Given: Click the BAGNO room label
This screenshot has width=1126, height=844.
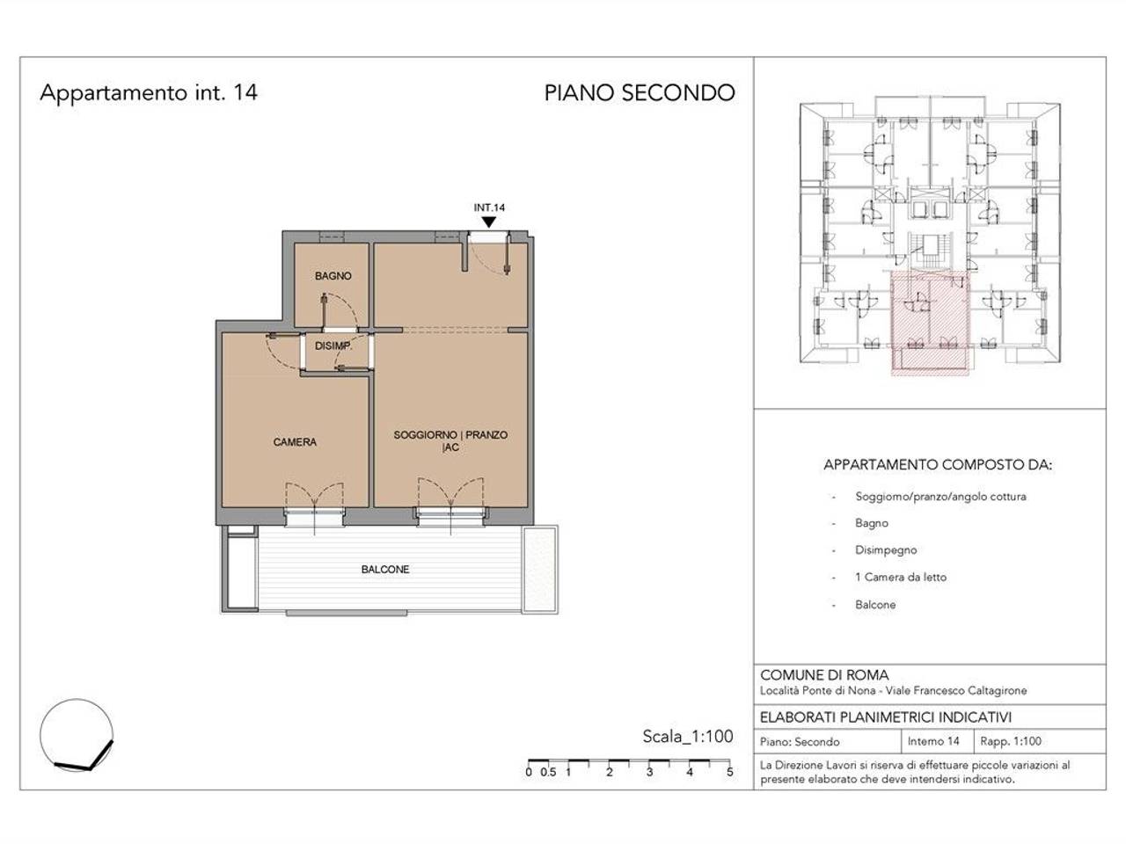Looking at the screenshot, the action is [x=333, y=276].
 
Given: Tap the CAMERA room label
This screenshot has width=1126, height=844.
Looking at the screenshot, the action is [x=295, y=441].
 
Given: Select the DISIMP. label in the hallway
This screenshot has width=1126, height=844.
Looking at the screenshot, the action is [x=333, y=346].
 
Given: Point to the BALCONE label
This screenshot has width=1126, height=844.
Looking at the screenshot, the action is [x=385, y=570].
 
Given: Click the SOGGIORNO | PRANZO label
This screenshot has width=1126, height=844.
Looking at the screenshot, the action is [x=450, y=435].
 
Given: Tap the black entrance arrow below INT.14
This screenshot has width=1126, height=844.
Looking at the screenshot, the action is [x=489, y=222].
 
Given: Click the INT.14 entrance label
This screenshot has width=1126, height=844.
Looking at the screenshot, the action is [x=489, y=207].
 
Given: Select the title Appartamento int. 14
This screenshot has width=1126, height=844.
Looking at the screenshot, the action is [x=149, y=93].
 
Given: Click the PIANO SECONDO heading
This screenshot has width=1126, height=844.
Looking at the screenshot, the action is [x=640, y=93].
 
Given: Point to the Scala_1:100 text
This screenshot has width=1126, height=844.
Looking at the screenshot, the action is [x=688, y=737].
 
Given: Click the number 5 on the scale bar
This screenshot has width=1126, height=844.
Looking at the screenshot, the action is [x=730, y=772].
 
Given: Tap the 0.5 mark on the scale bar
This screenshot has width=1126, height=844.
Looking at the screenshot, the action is [x=548, y=772].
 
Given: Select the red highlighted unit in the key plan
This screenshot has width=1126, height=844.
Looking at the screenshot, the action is [x=930, y=323].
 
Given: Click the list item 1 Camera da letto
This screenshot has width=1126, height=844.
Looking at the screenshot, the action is [x=900, y=577].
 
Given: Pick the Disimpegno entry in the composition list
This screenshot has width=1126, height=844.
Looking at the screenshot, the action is [x=886, y=550].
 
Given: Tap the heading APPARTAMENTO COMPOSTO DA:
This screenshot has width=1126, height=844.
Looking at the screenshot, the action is [x=938, y=465].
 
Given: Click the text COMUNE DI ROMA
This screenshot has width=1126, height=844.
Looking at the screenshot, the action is [x=824, y=675].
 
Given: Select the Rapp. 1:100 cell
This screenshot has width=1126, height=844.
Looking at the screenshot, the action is [x=1011, y=741].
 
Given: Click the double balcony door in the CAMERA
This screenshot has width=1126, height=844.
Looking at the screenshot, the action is [x=314, y=505].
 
